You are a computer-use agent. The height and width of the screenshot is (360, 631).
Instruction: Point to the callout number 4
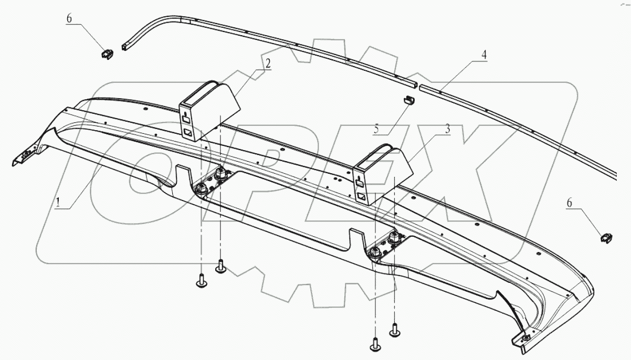pos(485,54)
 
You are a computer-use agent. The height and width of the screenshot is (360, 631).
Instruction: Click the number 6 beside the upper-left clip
pos(69,18)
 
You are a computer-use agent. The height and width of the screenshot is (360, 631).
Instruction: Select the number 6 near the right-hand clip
pos(570,202)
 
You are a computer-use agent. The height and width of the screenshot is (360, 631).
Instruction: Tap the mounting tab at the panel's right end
pos(525,339)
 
